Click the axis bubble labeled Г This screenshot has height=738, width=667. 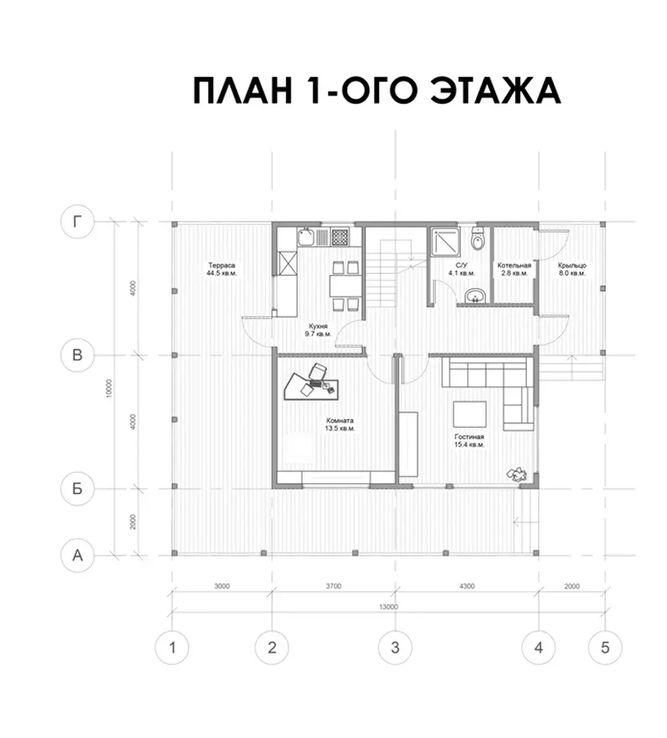[x=78, y=221]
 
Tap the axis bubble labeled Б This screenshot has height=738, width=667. [x=78, y=489]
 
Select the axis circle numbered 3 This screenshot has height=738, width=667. [x=395, y=648]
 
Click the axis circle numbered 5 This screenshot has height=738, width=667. [x=605, y=648]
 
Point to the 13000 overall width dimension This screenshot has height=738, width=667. [x=388, y=607]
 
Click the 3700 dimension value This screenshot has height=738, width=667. [x=333, y=586]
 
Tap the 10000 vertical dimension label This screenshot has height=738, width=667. [x=109, y=388]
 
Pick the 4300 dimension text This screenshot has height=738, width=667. [x=466, y=586]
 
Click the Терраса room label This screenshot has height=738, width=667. [x=222, y=265]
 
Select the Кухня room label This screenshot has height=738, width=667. [x=318, y=326]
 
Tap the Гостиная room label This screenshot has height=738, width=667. [x=469, y=437]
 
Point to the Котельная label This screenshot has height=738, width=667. [x=514, y=265]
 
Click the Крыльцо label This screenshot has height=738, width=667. [x=572, y=265]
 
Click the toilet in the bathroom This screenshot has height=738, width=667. [x=477, y=238]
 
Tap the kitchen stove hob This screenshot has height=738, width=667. [x=339, y=236]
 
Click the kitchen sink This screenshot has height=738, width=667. [x=306, y=236]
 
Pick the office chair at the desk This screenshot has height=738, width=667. [x=317, y=371]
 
